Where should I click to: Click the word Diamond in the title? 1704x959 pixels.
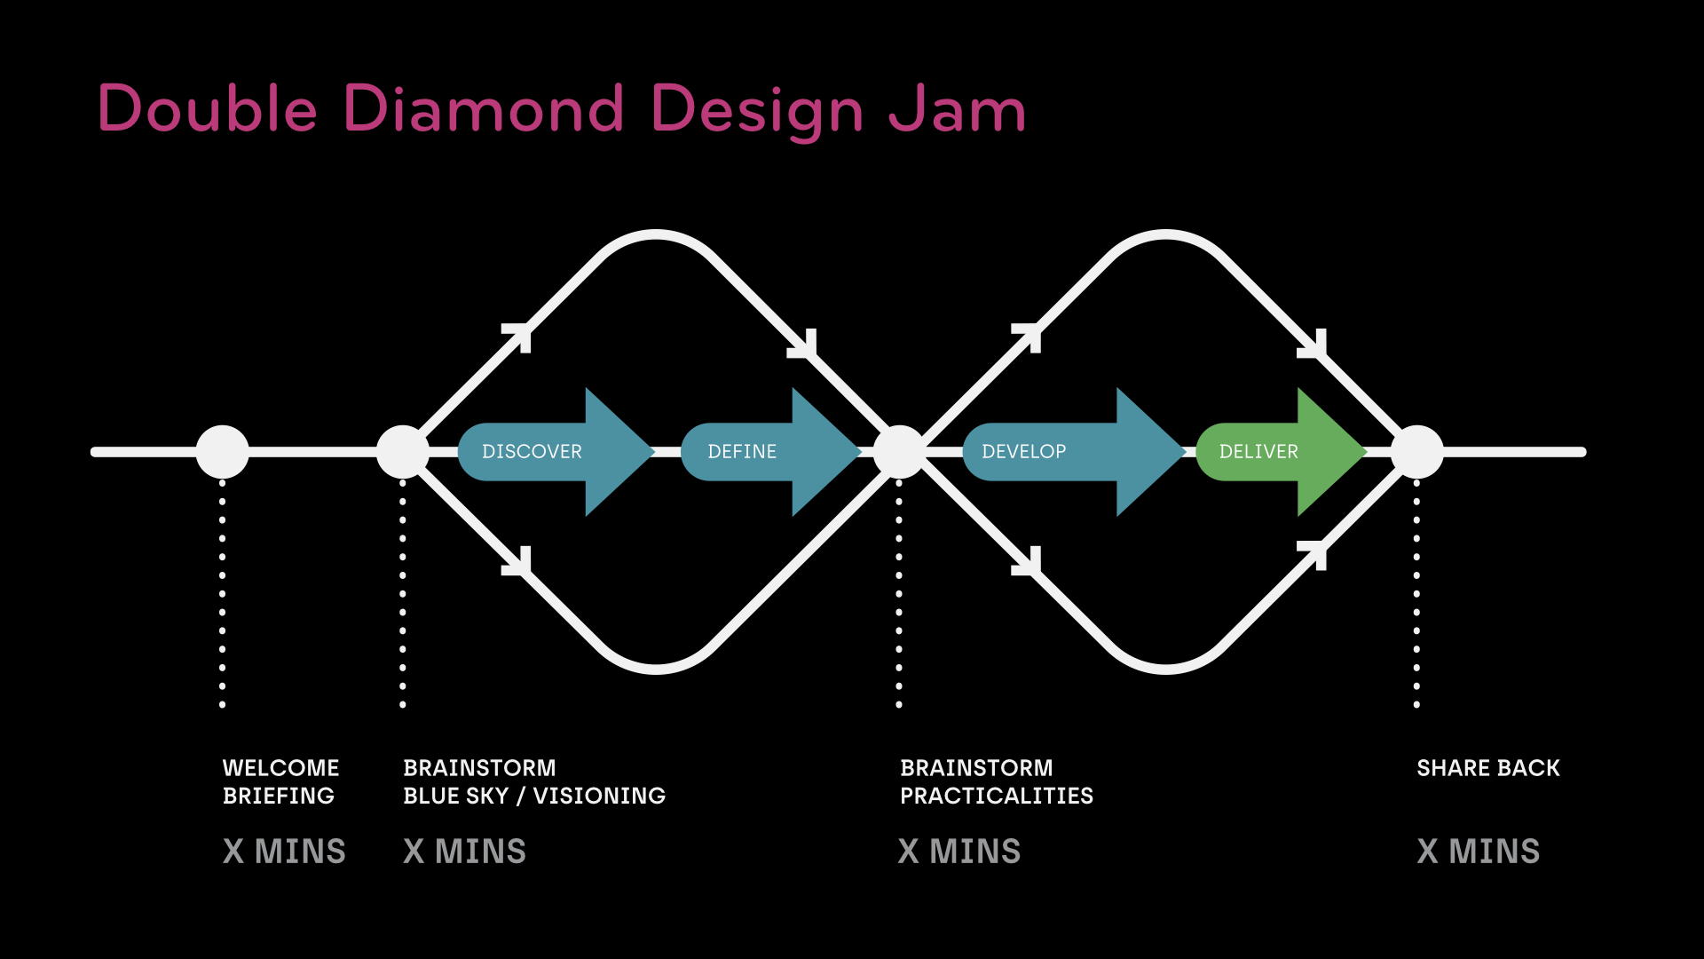click(x=484, y=109)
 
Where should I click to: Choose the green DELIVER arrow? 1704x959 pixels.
click(x=1278, y=451)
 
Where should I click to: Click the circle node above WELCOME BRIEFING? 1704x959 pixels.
click(x=222, y=451)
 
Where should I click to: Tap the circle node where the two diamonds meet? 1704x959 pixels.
click(x=899, y=451)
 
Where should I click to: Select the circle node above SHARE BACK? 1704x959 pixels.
click(x=1416, y=451)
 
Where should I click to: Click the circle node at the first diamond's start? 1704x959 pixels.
click(x=403, y=451)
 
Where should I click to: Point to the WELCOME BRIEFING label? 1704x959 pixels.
click(x=280, y=781)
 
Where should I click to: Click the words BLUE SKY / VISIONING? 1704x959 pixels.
click(x=534, y=796)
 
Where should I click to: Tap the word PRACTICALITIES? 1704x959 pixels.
click(x=996, y=796)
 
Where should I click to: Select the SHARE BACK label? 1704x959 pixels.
click(x=1487, y=768)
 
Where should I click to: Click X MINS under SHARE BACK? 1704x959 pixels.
click(x=1478, y=851)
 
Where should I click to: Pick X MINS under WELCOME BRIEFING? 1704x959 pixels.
click(x=284, y=851)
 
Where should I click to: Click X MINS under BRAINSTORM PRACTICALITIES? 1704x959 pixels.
click(x=958, y=851)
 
